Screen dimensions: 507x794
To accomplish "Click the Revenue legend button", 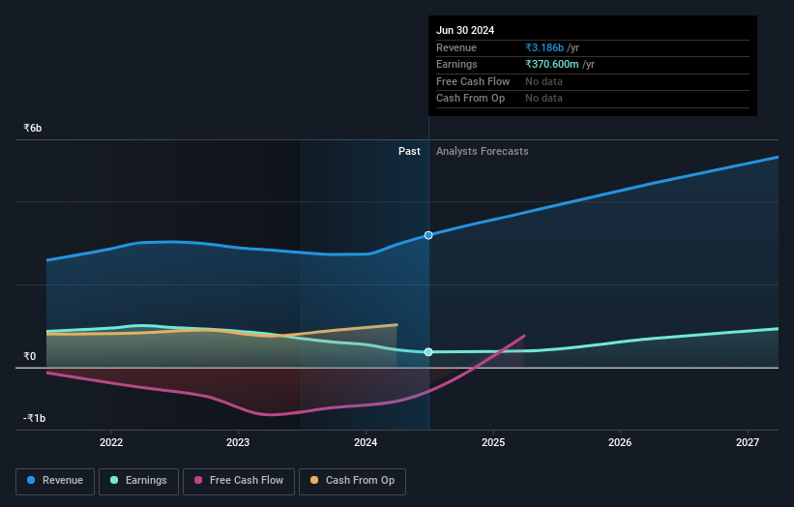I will click(55, 481).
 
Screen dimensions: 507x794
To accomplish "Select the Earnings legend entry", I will click(138, 481).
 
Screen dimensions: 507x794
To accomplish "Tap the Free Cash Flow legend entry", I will click(239, 481).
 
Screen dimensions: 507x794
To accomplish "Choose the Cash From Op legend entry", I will click(353, 481).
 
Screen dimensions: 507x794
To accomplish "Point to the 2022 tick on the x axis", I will click(111, 442).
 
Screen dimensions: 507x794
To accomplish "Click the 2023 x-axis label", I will click(238, 442).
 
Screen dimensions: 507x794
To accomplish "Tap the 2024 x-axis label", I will click(366, 442).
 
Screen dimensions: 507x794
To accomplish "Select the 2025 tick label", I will click(493, 442).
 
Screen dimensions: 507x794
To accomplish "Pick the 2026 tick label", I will click(620, 442).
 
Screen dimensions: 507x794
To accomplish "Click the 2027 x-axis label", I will click(748, 442).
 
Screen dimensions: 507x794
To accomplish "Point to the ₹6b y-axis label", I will click(33, 129).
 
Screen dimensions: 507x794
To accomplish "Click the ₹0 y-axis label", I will click(30, 357).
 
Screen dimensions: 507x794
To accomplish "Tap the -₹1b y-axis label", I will click(35, 419).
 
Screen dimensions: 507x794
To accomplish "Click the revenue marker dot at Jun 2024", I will click(428, 235).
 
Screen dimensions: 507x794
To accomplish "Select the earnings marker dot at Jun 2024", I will click(428, 352).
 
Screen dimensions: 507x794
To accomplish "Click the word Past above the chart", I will click(409, 151).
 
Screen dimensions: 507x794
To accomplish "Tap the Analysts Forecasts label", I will click(483, 151).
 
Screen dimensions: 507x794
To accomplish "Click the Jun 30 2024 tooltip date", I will click(465, 30).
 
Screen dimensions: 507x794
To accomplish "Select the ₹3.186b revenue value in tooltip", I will click(549, 47).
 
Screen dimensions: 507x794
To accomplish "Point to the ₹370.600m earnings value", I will click(559, 64).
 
